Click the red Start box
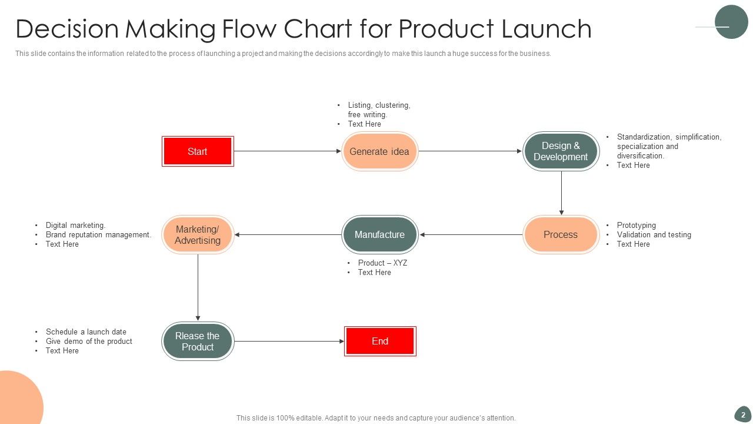point(198,151)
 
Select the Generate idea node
point(379,151)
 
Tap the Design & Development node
point(561,151)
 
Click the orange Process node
point(561,234)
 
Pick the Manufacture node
point(379,234)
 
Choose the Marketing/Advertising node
point(198,234)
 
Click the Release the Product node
point(198,341)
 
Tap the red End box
point(380,341)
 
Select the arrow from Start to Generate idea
point(287,151)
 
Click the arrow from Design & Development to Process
point(561,193)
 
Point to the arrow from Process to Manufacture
point(471,234)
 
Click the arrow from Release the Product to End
point(289,341)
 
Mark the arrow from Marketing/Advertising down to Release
point(198,287)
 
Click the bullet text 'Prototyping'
point(636,225)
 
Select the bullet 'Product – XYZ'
point(382,263)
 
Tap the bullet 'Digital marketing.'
point(75,225)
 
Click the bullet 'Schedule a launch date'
point(86,332)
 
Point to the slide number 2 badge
point(743,415)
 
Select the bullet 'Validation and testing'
point(654,234)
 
